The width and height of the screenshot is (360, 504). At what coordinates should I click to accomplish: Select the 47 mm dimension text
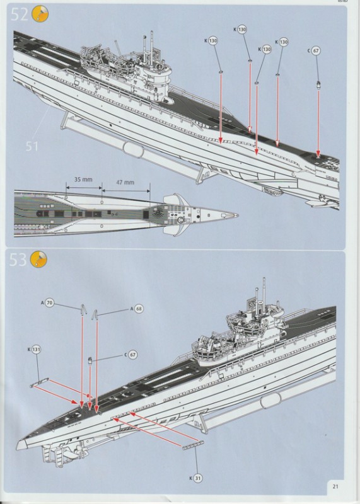point(125,183)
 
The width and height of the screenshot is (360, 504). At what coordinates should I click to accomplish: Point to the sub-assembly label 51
point(32,146)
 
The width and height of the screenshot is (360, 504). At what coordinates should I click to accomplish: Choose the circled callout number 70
point(50,303)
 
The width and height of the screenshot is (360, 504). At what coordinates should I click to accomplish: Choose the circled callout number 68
point(139,309)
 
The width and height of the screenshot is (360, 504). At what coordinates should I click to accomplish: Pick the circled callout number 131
point(36,348)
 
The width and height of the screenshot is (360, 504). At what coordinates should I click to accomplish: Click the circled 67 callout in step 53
point(132,355)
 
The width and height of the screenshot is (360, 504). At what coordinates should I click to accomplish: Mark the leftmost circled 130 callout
point(212,41)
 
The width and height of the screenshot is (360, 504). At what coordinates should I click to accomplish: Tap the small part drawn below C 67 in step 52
point(319,83)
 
